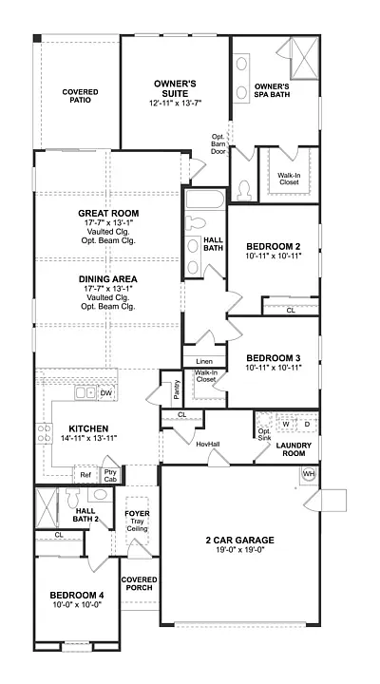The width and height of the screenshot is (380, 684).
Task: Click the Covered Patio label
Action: click(81, 97)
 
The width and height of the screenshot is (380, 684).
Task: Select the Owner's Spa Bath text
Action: click(272, 91)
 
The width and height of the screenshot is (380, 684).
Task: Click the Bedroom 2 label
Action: click(272, 244)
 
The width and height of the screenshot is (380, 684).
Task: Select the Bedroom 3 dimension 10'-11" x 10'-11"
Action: click(272, 367)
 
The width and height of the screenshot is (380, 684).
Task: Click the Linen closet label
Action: click(204, 362)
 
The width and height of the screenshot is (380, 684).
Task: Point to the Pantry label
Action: click(177, 390)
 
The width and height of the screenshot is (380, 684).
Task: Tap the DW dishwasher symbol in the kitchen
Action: click(106, 392)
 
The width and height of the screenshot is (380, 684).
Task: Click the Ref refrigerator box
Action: click(85, 475)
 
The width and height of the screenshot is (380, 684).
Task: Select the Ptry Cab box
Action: click(110, 476)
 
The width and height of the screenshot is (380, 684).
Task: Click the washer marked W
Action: click(285, 424)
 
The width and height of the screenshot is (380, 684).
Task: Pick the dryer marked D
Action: click(307, 424)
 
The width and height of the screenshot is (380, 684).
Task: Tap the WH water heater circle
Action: click(308, 474)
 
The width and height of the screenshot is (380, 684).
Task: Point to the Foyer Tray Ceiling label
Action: click(138, 519)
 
